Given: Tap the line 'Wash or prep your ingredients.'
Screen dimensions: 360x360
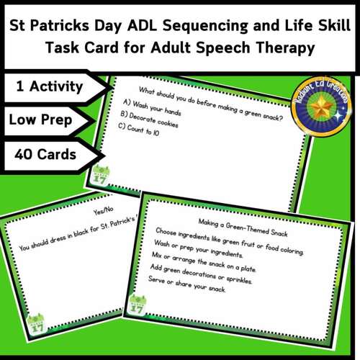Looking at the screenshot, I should tap(204, 254).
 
